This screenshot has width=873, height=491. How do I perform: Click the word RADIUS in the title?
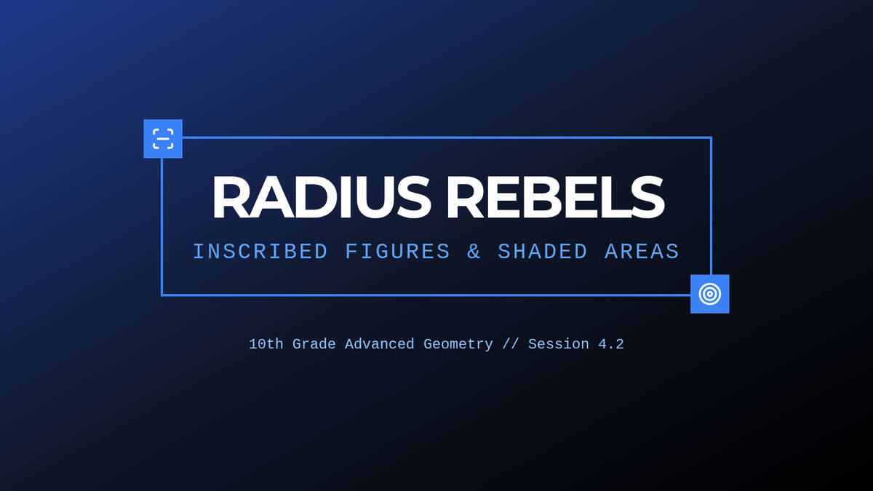(322, 197)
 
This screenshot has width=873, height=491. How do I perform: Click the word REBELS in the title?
(555, 197)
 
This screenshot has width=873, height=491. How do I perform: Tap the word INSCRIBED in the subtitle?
(260, 252)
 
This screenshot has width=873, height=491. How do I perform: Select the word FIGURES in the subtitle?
(397, 252)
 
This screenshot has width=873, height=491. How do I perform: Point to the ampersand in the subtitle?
(474, 252)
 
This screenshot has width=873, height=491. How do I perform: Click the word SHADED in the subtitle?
(543, 252)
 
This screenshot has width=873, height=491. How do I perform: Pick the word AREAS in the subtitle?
(642, 252)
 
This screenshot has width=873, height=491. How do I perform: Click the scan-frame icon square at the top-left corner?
(163, 139)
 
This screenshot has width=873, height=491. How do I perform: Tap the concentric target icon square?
(710, 294)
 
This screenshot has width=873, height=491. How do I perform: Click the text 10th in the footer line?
(266, 344)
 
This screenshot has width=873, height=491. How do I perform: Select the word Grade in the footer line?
(314, 344)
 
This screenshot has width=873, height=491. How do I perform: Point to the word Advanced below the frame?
(379, 344)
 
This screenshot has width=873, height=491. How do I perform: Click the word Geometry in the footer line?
(458, 344)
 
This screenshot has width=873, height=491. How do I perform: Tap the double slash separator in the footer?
(511, 344)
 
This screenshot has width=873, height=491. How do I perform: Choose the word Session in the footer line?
(559, 344)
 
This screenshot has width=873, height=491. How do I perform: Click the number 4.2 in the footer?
(611, 344)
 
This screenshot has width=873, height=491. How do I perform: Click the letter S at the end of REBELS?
(646, 197)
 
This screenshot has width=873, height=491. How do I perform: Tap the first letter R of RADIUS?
(231, 197)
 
